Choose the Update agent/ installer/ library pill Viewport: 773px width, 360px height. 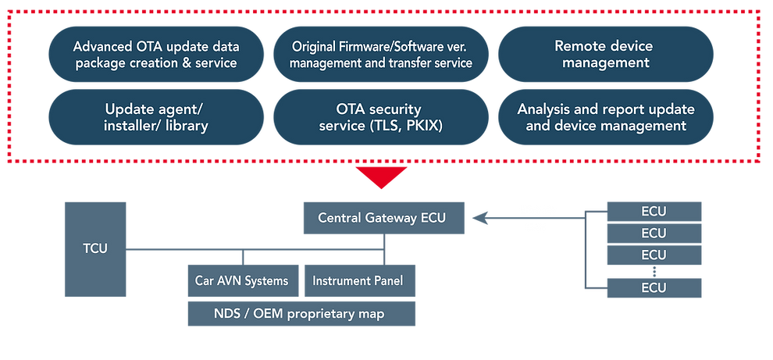click(156, 117)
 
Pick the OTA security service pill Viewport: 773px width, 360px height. click(381, 117)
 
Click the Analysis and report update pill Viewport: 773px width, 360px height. click(606, 117)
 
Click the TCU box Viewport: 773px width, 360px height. click(95, 248)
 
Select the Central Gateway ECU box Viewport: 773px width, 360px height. click(382, 217)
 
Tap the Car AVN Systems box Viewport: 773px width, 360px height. click(241, 280)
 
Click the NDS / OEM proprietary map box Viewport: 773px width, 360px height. click(301, 314)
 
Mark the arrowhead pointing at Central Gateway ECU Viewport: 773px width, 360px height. click(479, 218)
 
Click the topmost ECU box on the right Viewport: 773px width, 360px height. click(654, 210)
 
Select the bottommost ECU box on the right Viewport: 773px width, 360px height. click(654, 287)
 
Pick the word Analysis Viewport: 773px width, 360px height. click(545, 109)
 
